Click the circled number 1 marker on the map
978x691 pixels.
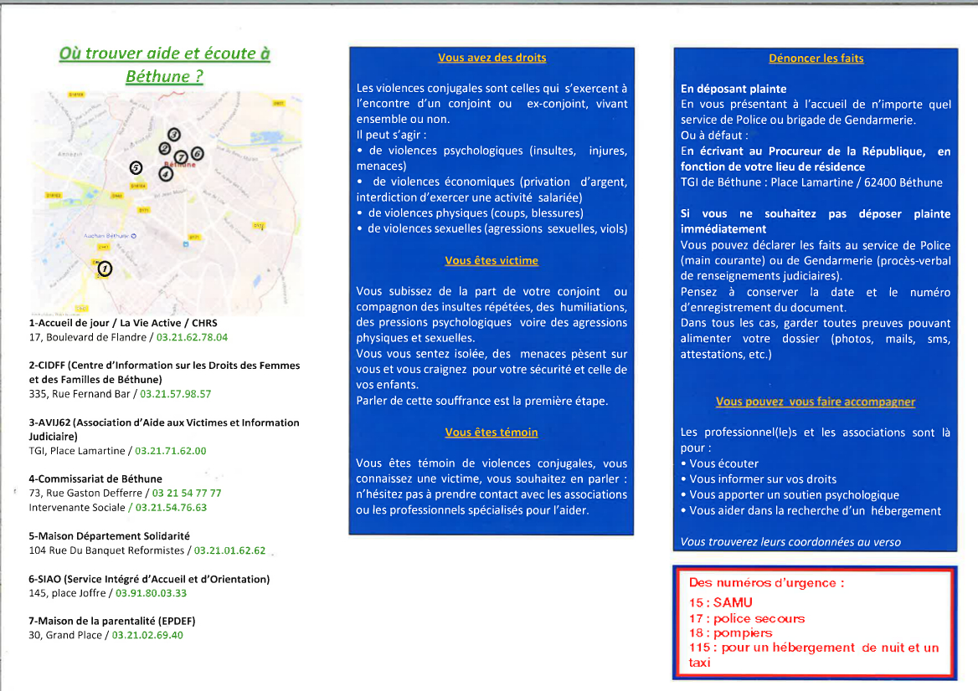[x=105, y=269]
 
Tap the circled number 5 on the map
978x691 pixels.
[x=136, y=167]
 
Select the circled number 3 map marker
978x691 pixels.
[x=174, y=134]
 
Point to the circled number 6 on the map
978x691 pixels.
[x=198, y=153]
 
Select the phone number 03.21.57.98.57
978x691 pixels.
[x=176, y=394]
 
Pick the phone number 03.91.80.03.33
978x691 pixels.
[x=151, y=593]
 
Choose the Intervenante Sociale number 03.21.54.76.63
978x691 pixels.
[x=171, y=508]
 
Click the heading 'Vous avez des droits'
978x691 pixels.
[x=492, y=59]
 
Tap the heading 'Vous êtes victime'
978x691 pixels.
[x=492, y=261]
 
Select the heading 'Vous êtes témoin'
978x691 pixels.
[x=492, y=433]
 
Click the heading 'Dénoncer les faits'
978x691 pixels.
[x=816, y=59]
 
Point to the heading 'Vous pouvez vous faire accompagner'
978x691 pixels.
[x=816, y=402]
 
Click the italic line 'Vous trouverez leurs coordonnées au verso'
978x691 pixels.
[x=791, y=542]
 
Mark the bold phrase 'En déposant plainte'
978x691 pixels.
[x=733, y=89]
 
